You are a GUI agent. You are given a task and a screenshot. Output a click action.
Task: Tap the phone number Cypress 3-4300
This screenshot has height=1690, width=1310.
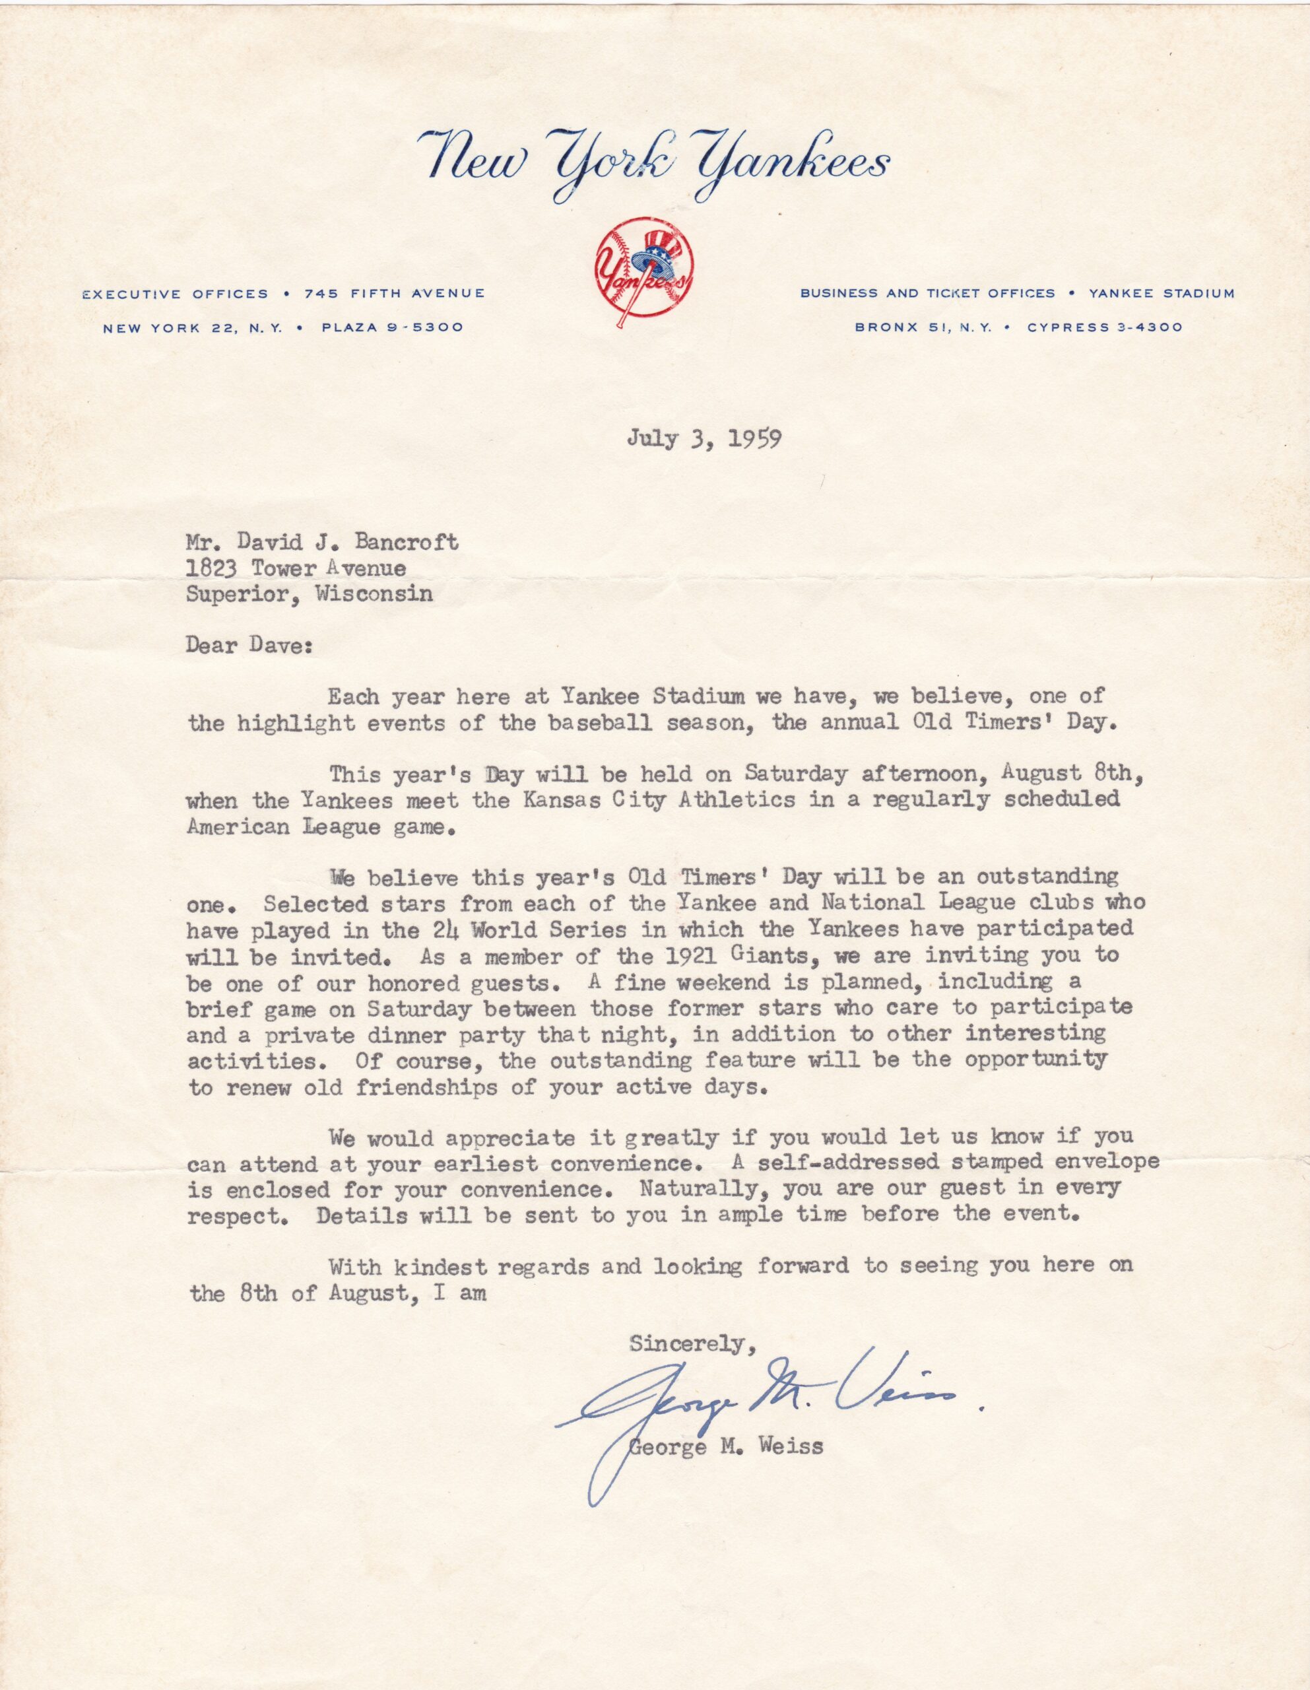(x=1104, y=327)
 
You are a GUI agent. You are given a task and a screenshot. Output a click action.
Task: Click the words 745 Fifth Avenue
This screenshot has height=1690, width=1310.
(x=395, y=293)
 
